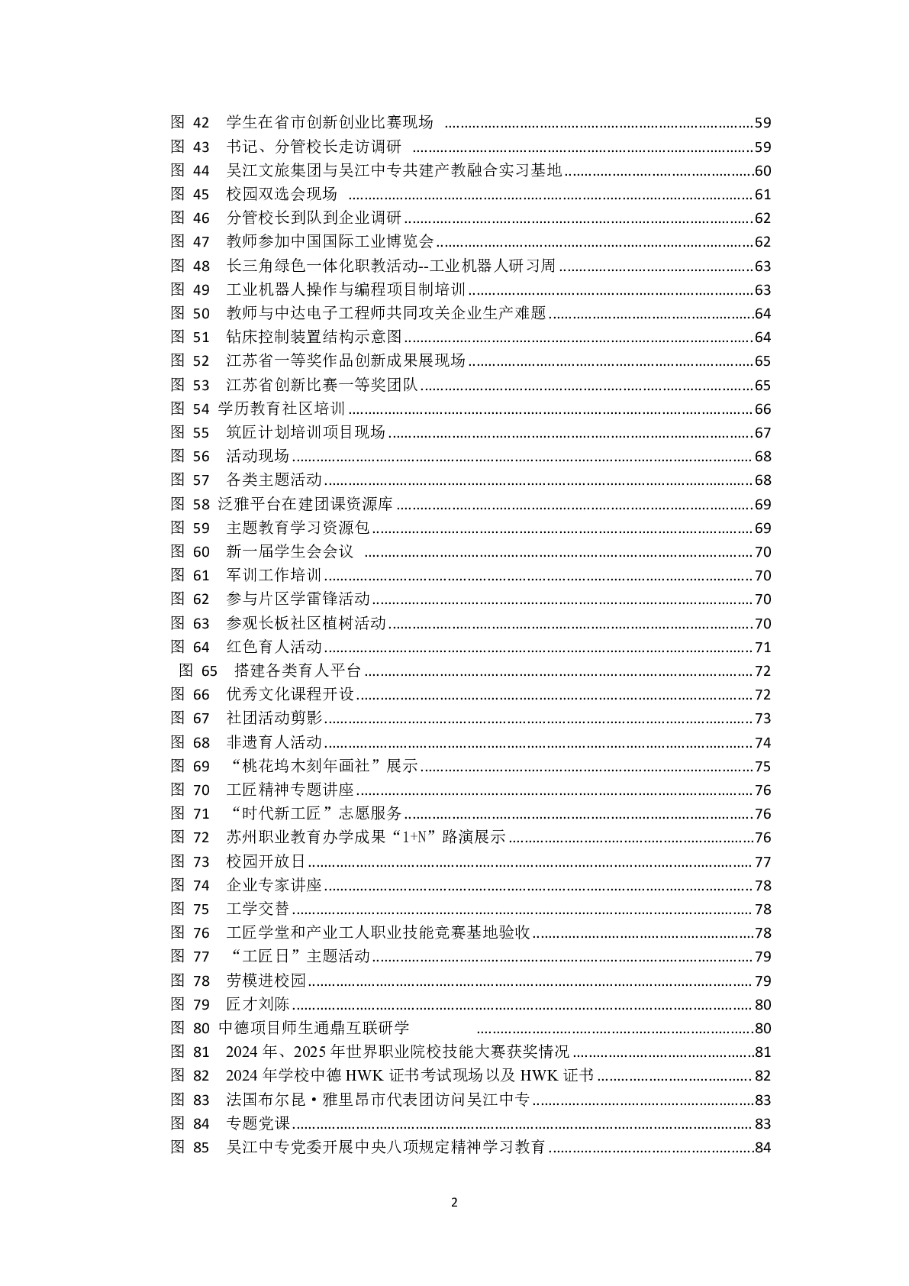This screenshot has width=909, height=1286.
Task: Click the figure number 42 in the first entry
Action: (x=201, y=122)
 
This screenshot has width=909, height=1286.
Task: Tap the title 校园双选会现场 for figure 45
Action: (x=282, y=194)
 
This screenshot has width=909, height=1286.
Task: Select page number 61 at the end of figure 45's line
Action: (x=762, y=195)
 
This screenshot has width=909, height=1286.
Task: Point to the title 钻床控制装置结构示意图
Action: (x=314, y=337)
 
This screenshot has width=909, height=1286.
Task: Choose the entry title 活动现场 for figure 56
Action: (x=258, y=456)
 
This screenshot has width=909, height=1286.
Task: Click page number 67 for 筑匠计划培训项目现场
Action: (x=762, y=433)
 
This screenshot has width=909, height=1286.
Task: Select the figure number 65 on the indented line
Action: (x=209, y=670)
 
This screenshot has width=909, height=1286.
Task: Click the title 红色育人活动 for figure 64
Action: (x=274, y=647)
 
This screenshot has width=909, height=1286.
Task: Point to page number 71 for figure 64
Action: (x=762, y=648)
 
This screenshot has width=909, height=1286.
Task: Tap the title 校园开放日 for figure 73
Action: (x=266, y=861)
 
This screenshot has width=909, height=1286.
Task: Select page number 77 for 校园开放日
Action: (x=762, y=862)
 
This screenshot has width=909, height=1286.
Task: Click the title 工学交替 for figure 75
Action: (x=258, y=909)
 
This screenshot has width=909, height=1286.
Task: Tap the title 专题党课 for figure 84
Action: (x=258, y=1123)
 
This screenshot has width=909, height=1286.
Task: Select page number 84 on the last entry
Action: (x=762, y=1148)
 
